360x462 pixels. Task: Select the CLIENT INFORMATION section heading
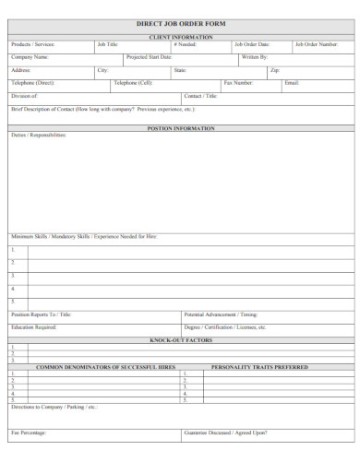point(180,37)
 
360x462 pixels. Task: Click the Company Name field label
point(29,57)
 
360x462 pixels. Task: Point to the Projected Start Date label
point(149,57)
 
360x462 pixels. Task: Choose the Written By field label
point(254,57)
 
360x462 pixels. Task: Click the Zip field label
point(274,70)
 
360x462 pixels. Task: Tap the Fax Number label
point(238,83)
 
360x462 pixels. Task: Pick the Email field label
point(292,83)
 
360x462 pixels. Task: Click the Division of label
point(24,96)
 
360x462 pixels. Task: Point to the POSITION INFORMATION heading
point(180,128)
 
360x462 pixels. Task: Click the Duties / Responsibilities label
point(39,136)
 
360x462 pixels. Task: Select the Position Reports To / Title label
point(41,315)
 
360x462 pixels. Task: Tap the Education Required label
point(34,327)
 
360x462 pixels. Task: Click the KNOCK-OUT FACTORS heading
point(180,339)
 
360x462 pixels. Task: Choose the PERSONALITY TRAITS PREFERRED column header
point(259,366)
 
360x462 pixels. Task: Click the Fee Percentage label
point(29,432)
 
